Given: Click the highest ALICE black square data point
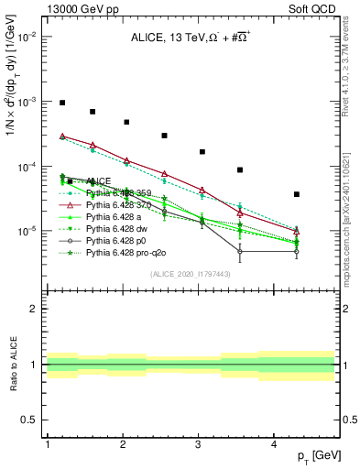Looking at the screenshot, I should click(62, 103).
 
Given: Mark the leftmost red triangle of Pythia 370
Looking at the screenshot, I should click(62, 136).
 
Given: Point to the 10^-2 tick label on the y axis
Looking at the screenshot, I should click(28, 38).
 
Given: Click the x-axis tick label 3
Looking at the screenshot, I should click(198, 445).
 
